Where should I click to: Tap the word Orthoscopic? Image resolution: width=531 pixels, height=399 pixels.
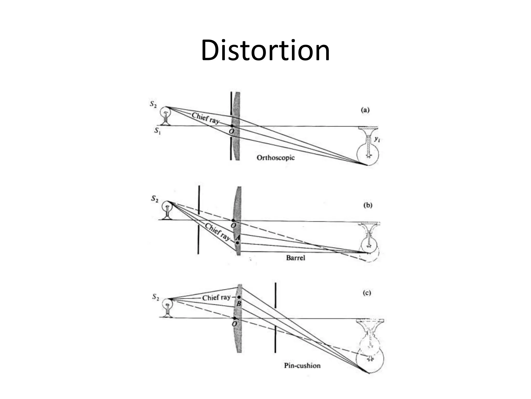pos(276,158)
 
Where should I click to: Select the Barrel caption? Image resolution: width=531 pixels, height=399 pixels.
pos(296,258)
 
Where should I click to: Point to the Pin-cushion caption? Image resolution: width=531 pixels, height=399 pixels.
pos(302,365)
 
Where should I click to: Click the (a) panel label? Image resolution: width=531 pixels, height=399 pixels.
pos(365,110)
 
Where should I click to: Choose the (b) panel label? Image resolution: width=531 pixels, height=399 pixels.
pos(368,205)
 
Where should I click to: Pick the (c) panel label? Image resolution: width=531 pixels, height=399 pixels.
pos(367,293)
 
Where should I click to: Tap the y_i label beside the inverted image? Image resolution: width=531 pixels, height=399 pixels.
pos(377,139)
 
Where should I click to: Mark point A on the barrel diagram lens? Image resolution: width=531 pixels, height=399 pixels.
pos(237,243)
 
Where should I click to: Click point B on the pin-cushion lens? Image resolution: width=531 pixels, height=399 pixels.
pos(239,297)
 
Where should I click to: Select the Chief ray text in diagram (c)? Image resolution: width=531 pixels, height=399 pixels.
pos(216,298)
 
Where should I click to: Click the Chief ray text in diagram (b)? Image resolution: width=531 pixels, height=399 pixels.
pos(217,232)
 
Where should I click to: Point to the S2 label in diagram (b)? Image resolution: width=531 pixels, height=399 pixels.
pos(155,199)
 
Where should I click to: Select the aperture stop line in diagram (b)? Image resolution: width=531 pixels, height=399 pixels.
pos(199,220)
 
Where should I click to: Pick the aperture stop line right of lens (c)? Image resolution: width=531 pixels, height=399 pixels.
pos(275,317)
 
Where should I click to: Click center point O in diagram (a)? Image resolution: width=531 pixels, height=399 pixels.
pos(232,126)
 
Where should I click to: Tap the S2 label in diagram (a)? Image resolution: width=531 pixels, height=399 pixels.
pos(153,104)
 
